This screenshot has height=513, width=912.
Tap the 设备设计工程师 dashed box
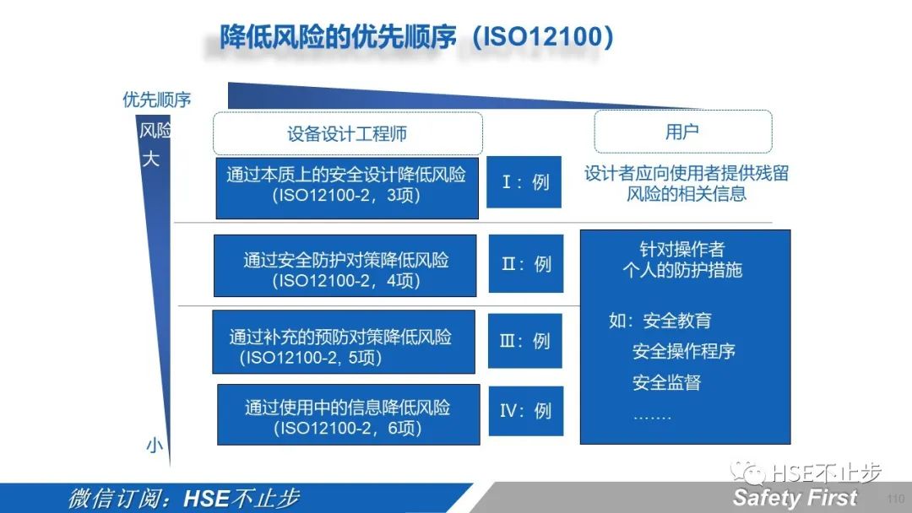[347, 133]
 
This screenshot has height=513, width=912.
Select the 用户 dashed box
[682, 132]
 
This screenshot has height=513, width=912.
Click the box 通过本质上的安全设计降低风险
[346, 187]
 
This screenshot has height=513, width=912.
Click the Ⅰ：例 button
[524, 182]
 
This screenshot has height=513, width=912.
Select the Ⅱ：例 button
[525, 264]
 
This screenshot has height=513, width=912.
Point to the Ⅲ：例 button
[524, 341]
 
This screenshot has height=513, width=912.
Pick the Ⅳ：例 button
[524, 411]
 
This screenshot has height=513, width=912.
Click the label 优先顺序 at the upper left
[157, 100]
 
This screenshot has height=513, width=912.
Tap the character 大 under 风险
[150, 159]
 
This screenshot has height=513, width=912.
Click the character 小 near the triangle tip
[154, 445]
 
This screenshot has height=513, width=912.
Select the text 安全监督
[666, 382]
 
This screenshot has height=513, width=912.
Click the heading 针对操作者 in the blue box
[681, 250]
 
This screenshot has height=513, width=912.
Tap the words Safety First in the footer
[795, 497]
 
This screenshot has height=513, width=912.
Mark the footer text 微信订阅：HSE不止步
[183, 498]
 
